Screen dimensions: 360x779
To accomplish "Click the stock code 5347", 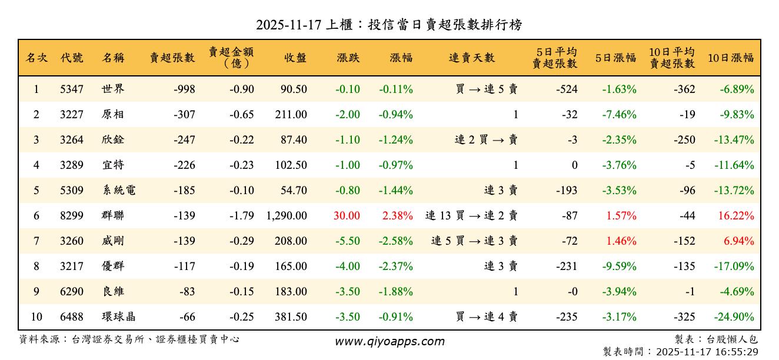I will click(72, 89).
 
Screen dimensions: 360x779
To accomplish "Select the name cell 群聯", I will click(113, 216).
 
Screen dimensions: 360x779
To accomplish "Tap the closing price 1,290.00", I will click(287, 216).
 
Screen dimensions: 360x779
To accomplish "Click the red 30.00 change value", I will click(347, 216).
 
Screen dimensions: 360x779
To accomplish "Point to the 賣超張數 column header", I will click(172, 58).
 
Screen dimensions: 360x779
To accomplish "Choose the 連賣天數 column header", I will click(472, 58).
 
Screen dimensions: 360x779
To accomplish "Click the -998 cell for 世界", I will click(184, 89).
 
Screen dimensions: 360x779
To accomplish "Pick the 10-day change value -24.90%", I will click(734, 317).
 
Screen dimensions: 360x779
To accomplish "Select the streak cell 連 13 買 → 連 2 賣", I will click(471, 216).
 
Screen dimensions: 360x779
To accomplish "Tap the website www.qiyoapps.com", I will click(389, 342).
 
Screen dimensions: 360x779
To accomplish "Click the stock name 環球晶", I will click(118, 317).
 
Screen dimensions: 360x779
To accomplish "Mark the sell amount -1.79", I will click(241, 216).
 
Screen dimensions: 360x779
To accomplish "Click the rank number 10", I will click(36, 317).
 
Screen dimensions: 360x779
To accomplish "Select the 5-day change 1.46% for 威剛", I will click(621, 241).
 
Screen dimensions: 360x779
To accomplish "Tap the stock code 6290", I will click(72, 292).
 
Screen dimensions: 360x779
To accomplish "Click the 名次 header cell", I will click(36, 58).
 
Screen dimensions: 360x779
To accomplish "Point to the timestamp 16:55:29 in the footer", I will click(737, 352).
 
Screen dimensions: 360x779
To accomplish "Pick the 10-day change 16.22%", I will click(735, 216).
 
